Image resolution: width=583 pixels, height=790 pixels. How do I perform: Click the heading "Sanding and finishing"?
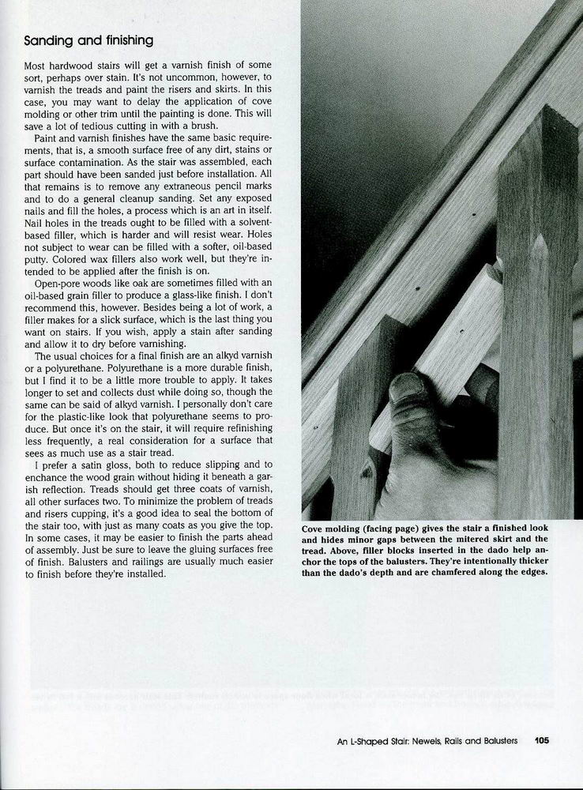click(88, 40)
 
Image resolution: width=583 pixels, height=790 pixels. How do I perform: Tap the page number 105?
click(541, 741)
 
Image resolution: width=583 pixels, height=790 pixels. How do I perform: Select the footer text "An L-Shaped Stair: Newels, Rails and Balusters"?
click(427, 741)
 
